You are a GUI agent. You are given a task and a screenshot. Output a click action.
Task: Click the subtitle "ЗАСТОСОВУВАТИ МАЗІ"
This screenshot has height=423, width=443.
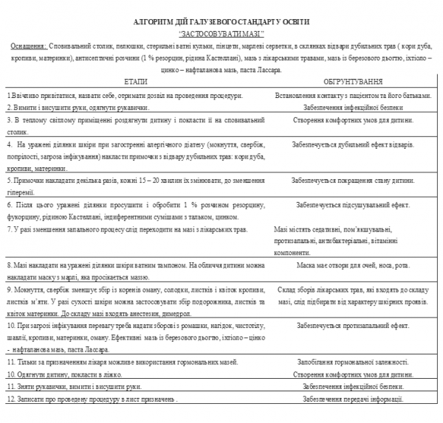tap(222, 34)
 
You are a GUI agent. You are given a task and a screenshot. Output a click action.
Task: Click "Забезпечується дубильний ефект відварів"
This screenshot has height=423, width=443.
tap(346, 144)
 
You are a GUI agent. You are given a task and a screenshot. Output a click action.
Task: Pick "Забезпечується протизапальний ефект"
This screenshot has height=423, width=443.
tap(343, 324)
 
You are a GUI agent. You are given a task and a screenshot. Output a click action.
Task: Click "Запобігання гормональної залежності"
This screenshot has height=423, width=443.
tap(345, 363)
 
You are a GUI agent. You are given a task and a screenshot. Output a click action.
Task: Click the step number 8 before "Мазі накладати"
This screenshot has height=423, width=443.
tap(8, 264)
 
